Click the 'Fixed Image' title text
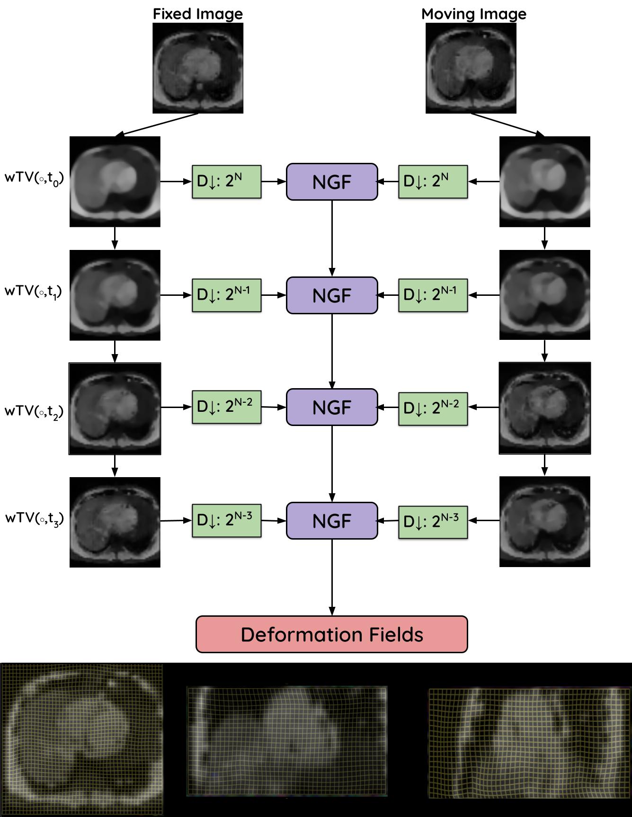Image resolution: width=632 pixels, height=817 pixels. (x=197, y=14)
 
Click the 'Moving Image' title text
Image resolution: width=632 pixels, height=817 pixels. (x=473, y=14)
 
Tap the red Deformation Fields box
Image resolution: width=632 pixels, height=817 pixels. (x=331, y=634)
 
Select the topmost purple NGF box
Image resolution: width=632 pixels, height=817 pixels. (x=332, y=182)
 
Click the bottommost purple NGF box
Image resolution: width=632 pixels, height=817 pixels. (x=332, y=521)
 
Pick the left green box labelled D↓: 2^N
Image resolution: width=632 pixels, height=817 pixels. (x=226, y=181)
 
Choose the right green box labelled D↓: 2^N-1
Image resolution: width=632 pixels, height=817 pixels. (x=433, y=295)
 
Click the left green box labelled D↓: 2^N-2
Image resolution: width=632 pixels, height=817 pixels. (x=226, y=407)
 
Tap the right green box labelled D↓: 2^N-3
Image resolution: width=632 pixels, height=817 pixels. (x=433, y=521)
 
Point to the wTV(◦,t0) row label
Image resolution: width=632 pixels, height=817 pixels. (x=34, y=178)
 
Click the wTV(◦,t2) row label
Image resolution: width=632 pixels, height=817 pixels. (x=34, y=411)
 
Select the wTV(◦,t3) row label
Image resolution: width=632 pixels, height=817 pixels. (x=35, y=519)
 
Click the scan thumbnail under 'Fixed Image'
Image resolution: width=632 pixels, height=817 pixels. (x=198, y=68)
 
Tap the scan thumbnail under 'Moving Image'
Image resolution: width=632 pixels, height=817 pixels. (x=471, y=68)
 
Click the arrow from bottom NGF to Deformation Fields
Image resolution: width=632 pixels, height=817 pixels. (x=332, y=577)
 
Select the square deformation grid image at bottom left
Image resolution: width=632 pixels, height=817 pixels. (x=82, y=739)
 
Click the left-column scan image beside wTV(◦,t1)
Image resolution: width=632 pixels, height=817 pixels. (x=115, y=295)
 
